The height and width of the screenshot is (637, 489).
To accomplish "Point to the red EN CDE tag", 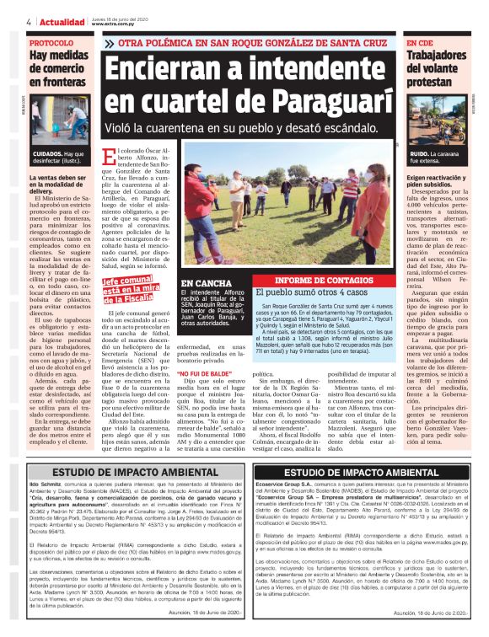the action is pyautogui.click(x=421, y=42).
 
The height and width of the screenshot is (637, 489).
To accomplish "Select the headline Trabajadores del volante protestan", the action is pyautogui.click(x=442, y=70).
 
